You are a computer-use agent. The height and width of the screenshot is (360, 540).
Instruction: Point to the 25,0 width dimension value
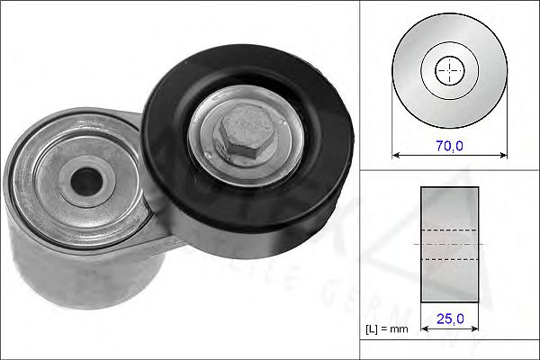pyautogui.click(x=450, y=318)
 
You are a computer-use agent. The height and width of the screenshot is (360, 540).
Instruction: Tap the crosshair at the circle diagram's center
pyautogui.click(x=449, y=69)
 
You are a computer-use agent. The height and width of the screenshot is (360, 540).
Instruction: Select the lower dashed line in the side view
pyautogui.click(x=450, y=259)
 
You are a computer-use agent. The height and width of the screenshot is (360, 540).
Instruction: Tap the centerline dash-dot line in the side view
pyautogui.click(x=450, y=244)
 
